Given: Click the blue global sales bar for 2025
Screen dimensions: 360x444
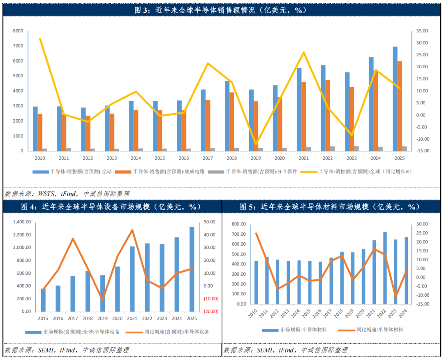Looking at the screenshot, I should pyautogui.click(x=395, y=99).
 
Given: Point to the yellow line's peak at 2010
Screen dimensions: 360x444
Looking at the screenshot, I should pyautogui.click(x=40, y=39).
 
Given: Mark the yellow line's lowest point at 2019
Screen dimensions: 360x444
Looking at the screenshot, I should pyautogui.click(x=256, y=144).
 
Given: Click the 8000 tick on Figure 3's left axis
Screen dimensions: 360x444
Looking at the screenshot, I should pyautogui.click(x=18, y=31).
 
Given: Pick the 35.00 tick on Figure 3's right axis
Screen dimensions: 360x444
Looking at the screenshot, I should pyautogui.click(x=422, y=31).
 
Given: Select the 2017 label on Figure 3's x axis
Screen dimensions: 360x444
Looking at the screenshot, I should pyautogui.click(x=208, y=158).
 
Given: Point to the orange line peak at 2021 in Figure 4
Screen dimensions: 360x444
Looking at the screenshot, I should pyautogui.click(x=132, y=230).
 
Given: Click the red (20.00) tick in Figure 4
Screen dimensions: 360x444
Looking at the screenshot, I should pyautogui.click(x=210, y=311).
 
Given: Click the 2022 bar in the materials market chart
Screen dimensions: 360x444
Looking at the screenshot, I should pyautogui.click(x=385, y=268).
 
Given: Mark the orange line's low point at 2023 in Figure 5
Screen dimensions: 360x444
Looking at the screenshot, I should pyautogui.click(x=395, y=296).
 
